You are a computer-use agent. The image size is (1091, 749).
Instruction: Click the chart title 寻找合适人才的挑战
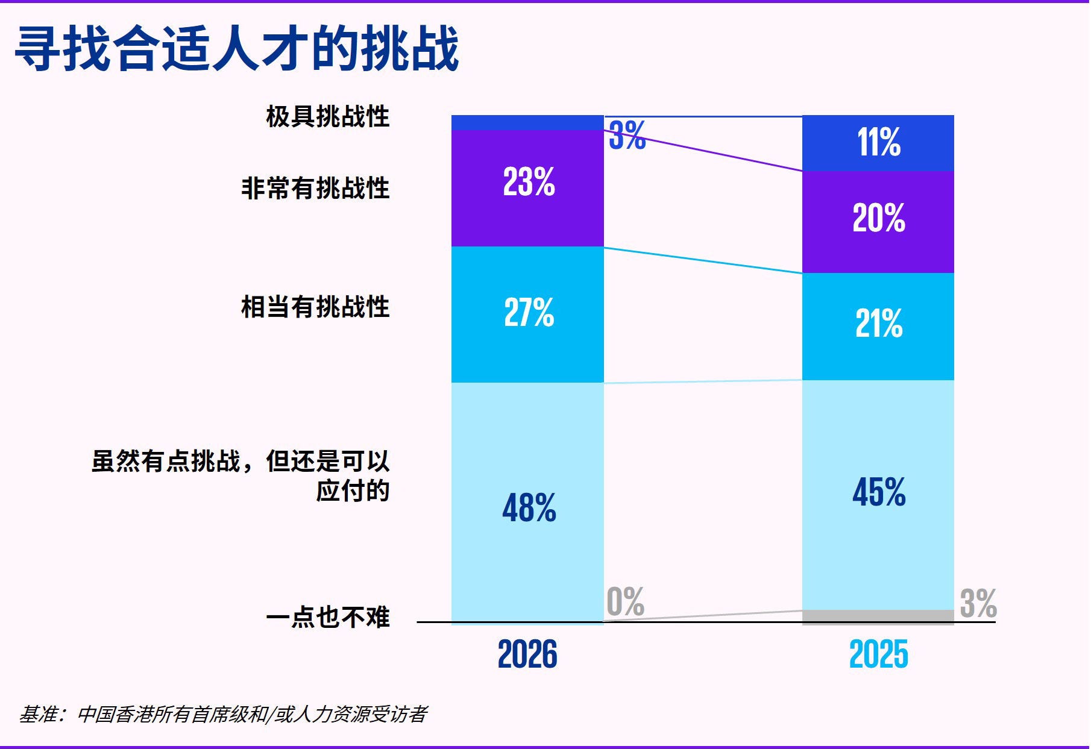(237, 48)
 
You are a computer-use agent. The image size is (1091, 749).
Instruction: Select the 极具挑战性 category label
(327, 116)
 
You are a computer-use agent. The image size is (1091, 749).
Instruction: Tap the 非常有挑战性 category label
(315, 188)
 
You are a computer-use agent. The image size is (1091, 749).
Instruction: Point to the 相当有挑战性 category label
(315, 307)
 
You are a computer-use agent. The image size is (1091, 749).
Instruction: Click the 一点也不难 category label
(327, 617)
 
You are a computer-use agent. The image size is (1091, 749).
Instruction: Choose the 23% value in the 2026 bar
(529, 181)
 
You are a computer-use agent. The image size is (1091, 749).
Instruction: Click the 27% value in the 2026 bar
(529, 312)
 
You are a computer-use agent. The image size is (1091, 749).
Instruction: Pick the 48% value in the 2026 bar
(529, 507)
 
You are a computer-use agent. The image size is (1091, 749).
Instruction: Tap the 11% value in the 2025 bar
(878, 142)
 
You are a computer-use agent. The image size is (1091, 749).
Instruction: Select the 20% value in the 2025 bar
(878, 218)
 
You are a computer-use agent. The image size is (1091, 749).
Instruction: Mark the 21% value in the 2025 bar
(878, 323)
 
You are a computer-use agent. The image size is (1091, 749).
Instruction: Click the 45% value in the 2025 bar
(878, 492)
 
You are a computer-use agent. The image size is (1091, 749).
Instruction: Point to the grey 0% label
(625, 601)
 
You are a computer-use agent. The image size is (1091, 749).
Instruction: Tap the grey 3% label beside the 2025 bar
(978, 603)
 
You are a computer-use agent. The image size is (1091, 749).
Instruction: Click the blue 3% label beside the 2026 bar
(627, 135)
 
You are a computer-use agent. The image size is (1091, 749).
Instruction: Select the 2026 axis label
(527, 654)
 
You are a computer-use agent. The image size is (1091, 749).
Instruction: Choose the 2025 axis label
(878, 654)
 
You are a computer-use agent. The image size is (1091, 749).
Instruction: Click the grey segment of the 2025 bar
(878, 616)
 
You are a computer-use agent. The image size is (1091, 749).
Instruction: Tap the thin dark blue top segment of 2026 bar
(527, 122)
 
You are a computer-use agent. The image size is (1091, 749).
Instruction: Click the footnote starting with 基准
(223, 714)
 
